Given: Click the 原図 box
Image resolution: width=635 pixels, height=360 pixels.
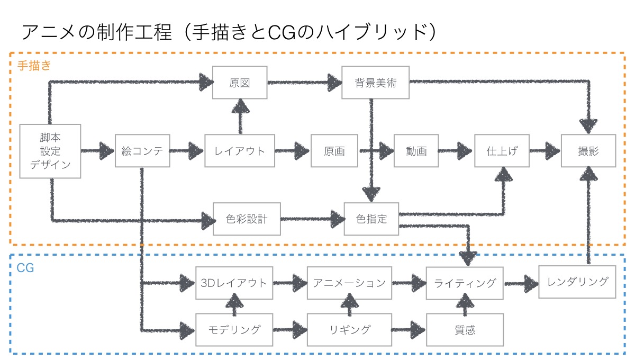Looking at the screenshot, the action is click(x=240, y=83).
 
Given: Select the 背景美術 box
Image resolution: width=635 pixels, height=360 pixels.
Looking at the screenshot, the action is click(x=375, y=83).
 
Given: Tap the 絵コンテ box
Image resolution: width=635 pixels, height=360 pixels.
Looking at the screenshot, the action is click(x=142, y=151).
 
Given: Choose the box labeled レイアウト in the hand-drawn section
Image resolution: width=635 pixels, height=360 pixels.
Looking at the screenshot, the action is click(x=240, y=151).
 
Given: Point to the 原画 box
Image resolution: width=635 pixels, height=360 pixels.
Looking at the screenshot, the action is click(x=334, y=151).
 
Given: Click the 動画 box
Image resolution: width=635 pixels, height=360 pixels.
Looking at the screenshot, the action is click(x=416, y=151).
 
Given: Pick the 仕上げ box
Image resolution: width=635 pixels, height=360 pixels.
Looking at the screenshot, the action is click(x=502, y=151).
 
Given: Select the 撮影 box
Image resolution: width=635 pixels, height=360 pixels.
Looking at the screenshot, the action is click(x=588, y=151).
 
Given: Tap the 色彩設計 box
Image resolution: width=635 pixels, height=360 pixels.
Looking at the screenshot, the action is click(x=247, y=219).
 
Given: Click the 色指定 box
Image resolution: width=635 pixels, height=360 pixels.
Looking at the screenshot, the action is click(x=371, y=219).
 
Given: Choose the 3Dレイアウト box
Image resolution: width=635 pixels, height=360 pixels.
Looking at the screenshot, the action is click(x=234, y=283).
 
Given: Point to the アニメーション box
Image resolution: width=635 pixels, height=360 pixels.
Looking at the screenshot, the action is click(x=350, y=283).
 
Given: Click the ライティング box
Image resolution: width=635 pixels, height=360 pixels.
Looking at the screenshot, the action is click(x=465, y=283).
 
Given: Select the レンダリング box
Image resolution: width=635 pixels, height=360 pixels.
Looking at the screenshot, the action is click(x=577, y=282).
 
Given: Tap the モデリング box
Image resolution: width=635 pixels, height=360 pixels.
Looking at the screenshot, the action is click(x=234, y=330).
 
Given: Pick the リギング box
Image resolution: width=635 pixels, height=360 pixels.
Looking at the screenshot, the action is click(x=350, y=330).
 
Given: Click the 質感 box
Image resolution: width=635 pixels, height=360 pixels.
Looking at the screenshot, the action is click(x=465, y=330).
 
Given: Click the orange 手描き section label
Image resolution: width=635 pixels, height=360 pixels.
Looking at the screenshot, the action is click(x=34, y=66).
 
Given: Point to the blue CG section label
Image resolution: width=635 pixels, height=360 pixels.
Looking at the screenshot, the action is click(x=25, y=268).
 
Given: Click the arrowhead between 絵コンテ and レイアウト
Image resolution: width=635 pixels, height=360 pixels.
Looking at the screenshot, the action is click(x=196, y=151).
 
